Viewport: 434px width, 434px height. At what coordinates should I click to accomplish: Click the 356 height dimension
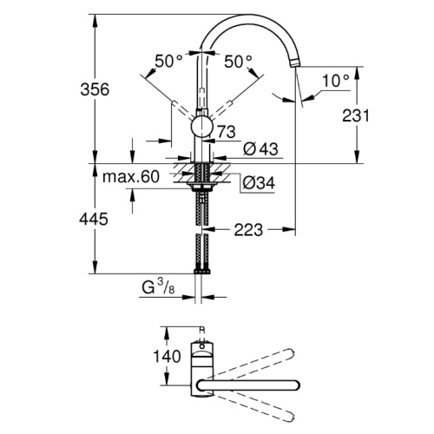pyautogui.click(x=95, y=89)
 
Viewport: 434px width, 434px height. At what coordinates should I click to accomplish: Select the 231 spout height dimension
pyautogui.click(x=356, y=115)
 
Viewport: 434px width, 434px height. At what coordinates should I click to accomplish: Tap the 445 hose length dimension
pyautogui.click(x=94, y=219)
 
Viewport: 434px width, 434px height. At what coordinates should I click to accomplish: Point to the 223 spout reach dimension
pyautogui.click(x=248, y=230)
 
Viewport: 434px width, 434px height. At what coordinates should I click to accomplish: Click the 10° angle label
pyautogui.click(x=336, y=81)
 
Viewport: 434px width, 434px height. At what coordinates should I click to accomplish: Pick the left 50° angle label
pyautogui.click(x=168, y=61)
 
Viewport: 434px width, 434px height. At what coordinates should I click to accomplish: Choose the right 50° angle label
pyautogui.click(x=238, y=62)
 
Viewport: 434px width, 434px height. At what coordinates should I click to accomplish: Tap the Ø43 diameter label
pyautogui.click(x=260, y=149)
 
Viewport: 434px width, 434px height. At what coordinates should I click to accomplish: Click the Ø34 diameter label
pyautogui.click(x=259, y=182)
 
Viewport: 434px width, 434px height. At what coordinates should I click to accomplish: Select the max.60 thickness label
pyautogui.click(x=131, y=176)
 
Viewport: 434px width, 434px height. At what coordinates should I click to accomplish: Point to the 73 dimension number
pyautogui.click(x=227, y=132)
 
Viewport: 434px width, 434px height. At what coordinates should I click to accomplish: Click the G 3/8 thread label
pyautogui.click(x=158, y=287)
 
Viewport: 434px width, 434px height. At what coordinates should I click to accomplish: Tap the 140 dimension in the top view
pyautogui.click(x=167, y=356)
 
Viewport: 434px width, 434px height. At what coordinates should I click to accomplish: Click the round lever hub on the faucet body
pyautogui.click(x=202, y=127)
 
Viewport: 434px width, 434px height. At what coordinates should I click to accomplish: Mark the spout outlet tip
pyautogui.click(x=295, y=63)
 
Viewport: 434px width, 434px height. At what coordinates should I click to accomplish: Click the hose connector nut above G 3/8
pyautogui.click(x=202, y=272)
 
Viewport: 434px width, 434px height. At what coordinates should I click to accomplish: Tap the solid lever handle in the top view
pyautogui.click(x=248, y=385)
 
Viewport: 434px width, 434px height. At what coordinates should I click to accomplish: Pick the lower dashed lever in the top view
pyautogui.click(x=253, y=406)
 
